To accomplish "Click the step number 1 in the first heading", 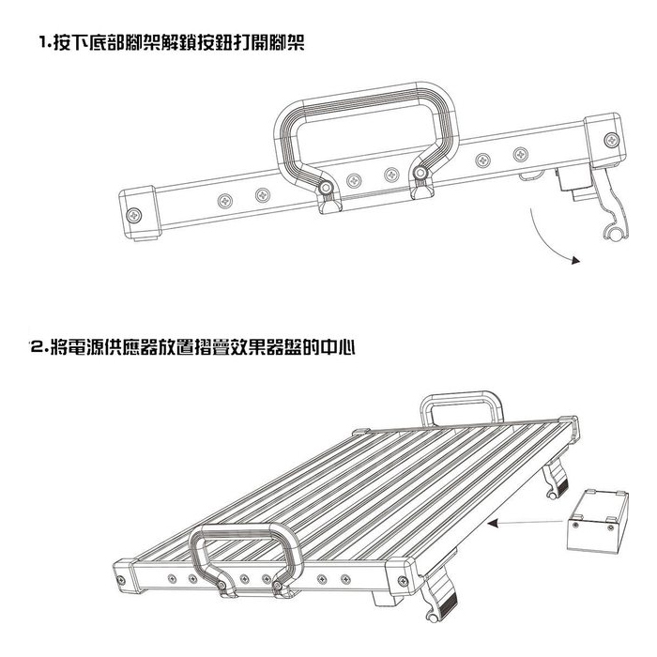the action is (43, 42).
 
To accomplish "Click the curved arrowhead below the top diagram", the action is (576, 260).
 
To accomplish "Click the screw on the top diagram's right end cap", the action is (612, 140).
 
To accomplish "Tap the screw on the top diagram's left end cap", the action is (134, 215).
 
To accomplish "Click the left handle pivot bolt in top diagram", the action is (325, 188).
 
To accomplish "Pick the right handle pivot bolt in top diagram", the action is (420, 172).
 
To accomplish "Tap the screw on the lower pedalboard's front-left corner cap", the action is (121, 580).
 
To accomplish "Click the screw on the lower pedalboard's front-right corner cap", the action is (403, 581).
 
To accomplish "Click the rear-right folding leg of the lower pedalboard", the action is (556, 477).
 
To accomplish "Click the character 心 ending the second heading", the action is (346, 347).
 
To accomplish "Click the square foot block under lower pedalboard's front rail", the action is (387, 598).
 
